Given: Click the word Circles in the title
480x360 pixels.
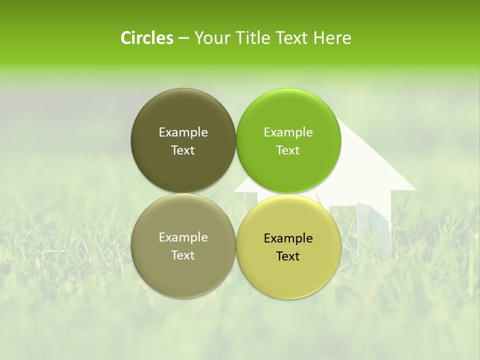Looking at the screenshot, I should [x=146, y=37].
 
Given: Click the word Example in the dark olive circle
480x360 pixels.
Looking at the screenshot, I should [x=183, y=132].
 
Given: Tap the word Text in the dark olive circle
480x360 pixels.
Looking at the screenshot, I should [x=183, y=150].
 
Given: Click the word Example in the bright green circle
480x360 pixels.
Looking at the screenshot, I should [x=288, y=132].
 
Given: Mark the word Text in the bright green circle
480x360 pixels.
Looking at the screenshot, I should [x=288, y=150].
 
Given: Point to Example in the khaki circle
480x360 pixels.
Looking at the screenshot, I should [x=183, y=237].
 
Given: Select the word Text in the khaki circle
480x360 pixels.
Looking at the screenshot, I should [x=183, y=255].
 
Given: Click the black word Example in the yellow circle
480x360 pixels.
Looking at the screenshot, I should [x=288, y=238].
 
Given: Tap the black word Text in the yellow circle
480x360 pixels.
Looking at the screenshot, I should [x=288, y=256].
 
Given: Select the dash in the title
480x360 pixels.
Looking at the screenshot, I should [x=183, y=38].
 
